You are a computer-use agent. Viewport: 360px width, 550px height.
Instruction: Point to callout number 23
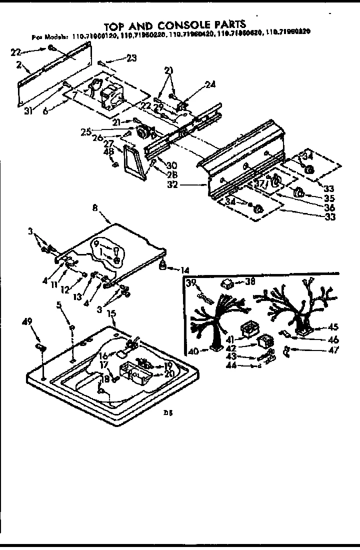131,58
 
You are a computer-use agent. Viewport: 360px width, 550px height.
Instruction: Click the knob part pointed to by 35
299,192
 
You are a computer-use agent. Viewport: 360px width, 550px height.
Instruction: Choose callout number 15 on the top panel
112,313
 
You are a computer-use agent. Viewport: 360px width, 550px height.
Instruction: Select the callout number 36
329,207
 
